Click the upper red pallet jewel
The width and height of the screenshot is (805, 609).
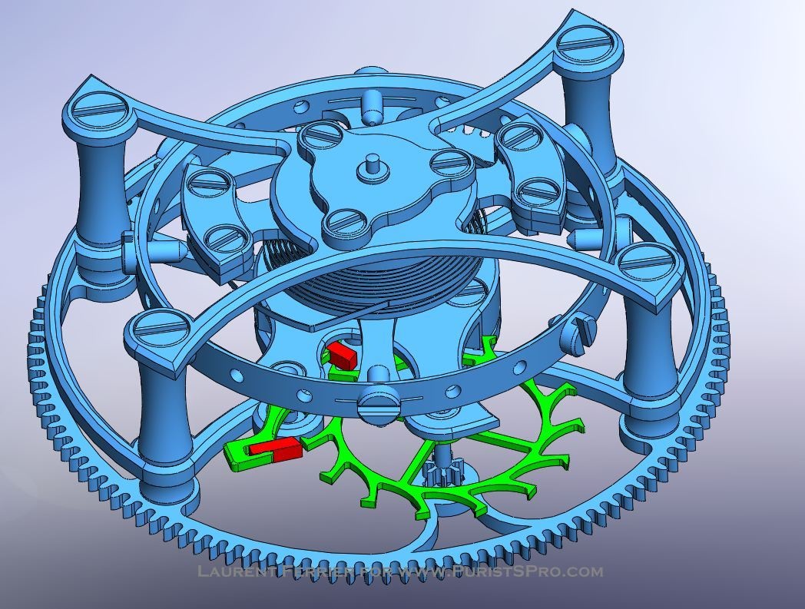click(341, 354)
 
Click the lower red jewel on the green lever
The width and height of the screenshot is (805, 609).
click(276, 450)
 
